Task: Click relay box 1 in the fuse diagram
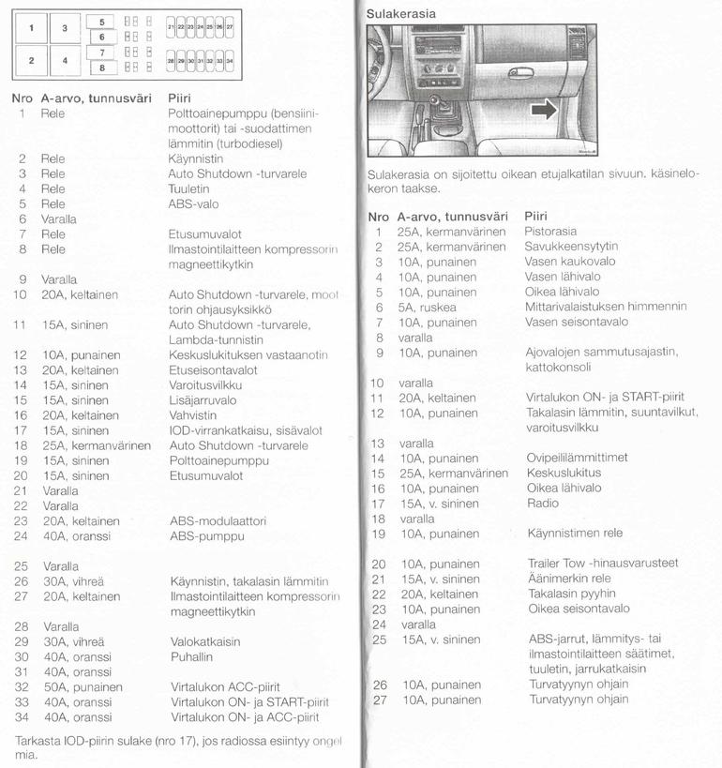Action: pyautogui.click(x=31, y=28)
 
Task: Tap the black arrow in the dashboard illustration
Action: pyautogui.click(x=543, y=112)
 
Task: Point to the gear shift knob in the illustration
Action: pyautogui.click(x=436, y=99)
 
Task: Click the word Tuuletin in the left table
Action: pyautogui.click(x=188, y=188)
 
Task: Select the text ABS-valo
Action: pyautogui.click(x=194, y=203)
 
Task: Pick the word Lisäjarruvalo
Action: pyautogui.click(x=203, y=400)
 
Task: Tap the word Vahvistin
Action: pyautogui.click(x=192, y=415)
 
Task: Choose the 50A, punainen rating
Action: pyautogui.click(x=83, y=687)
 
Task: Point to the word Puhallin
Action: pyautogui.click(x=191, y=657)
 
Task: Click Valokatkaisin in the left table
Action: pyautogui.click(x=204, y=642)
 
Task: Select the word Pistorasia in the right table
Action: pyautogui.click(x=550, y=232)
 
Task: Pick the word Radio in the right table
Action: pyautogui.click(x=541, y=504)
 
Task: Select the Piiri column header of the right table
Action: pyautogui.click(x=535, y=216)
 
